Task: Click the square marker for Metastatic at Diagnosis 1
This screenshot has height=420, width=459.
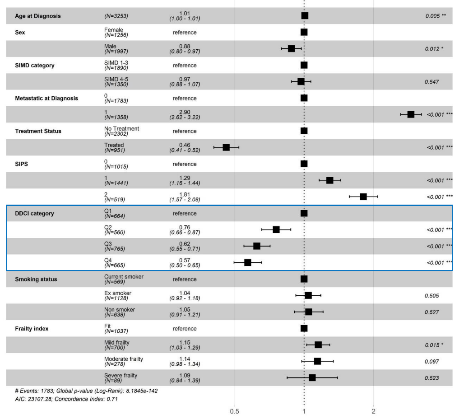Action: pos(411,114)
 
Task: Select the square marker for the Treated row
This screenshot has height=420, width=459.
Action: pos(226,147)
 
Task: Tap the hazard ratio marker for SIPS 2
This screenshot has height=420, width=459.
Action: pos(363,197)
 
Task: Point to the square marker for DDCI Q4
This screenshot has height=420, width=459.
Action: pos(247,263)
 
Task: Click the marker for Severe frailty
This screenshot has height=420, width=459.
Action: pos(312,378)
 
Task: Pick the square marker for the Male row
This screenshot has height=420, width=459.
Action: pos(291,48)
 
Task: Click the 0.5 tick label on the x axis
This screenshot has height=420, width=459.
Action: pos(234,411)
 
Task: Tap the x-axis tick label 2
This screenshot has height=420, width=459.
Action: pos(373,411)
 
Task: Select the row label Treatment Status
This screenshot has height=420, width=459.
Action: pos(38,131)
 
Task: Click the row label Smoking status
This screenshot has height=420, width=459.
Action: pos(36,279)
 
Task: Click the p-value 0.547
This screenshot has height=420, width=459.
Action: pos(432,82)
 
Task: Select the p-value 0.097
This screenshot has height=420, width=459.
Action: pos(431,361)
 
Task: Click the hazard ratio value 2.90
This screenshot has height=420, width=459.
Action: pos(185,112)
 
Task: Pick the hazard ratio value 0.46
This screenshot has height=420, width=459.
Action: pos(185,145)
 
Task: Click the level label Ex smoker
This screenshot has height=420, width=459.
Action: pos(118,293)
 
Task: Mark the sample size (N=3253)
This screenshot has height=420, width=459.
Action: pos(116,16)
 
